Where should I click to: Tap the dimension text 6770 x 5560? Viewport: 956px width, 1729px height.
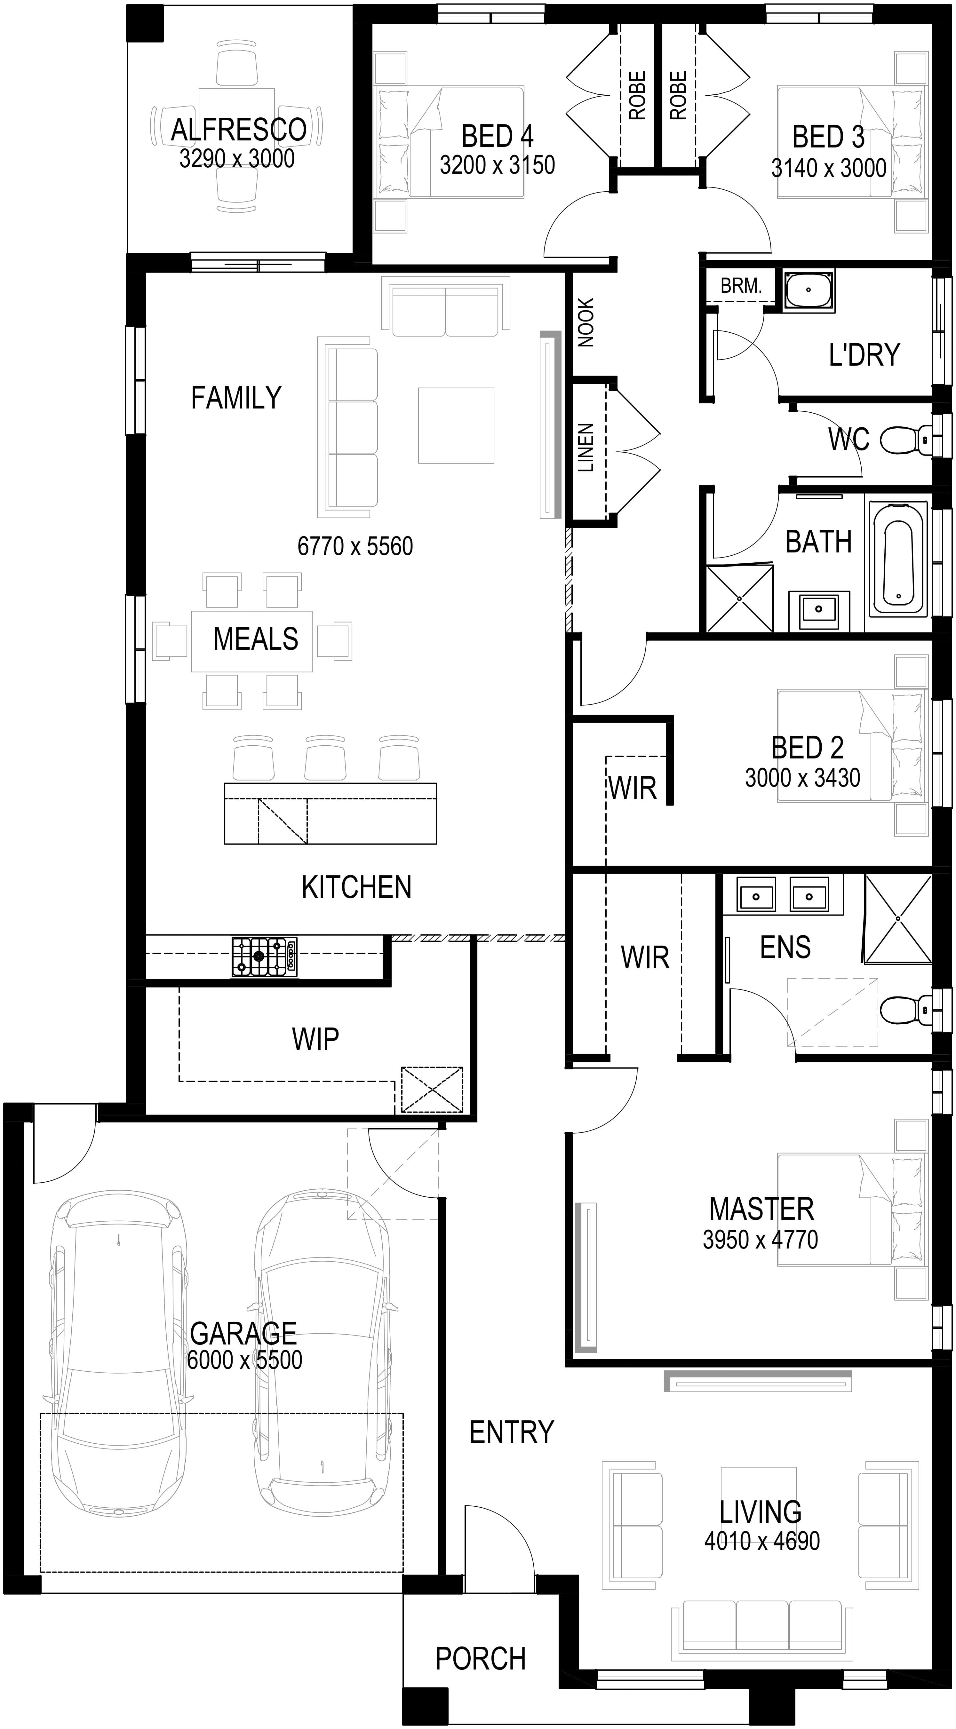pos(355,546)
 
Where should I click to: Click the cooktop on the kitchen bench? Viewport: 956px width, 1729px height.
pos(265,956)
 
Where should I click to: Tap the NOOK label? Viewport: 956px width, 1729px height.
pos(586,323)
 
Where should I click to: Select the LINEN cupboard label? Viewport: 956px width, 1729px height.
pos(586,448)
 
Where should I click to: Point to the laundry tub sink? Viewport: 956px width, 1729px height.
pos(809,290)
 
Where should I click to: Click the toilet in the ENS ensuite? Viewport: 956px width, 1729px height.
pos(906,1010)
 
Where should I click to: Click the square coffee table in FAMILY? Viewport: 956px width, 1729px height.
pos(456,425)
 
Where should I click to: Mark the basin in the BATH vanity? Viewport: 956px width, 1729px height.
pos(818,609)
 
